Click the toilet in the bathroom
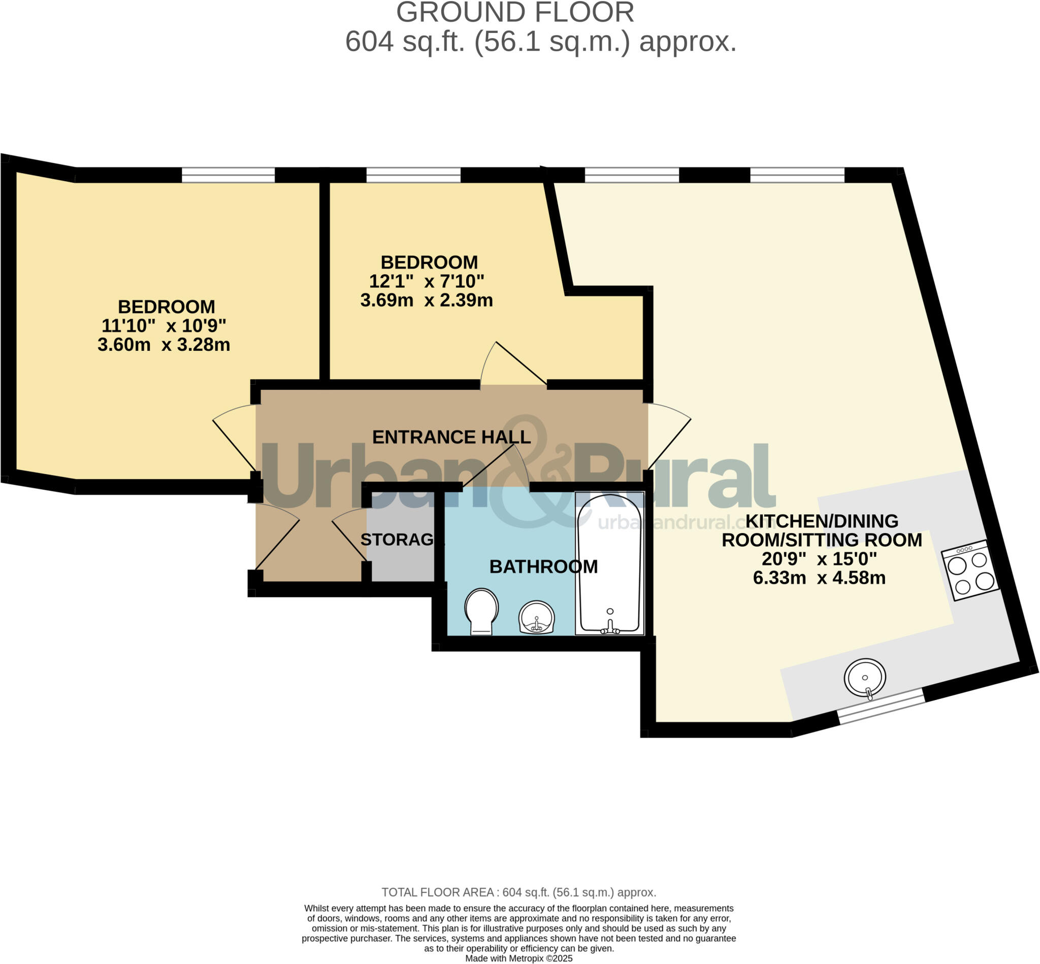point(481,611)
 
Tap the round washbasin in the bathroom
point(536,618)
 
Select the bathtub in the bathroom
point(609,563)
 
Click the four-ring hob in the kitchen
point(970,571)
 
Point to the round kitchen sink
point(865,678)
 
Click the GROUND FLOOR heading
point(514,13)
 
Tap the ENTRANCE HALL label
point(451,437)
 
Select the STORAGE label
point(400,540)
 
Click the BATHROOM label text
point(543,567)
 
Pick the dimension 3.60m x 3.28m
point(164,345)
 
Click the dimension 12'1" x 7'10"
point(427,281)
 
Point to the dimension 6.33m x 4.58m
point(819,578)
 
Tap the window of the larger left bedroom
point(228,175)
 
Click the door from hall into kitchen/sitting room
point(668,438)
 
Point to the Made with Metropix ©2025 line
point(518,958)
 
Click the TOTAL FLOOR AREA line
point(518,892)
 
